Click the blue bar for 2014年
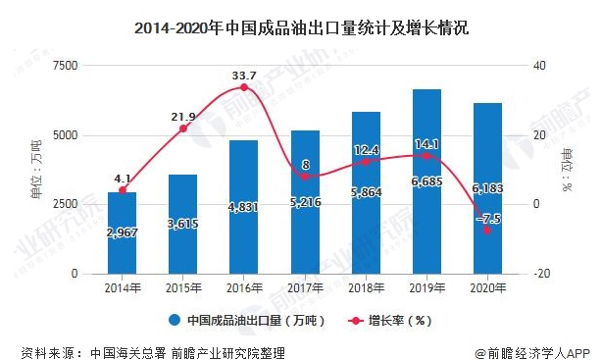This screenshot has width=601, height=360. click(x=122, y=233)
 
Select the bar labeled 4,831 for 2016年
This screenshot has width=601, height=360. click(x=244, y=207)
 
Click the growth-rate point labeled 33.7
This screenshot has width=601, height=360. click(x=244, y=87)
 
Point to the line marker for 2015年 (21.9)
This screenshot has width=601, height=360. click(x=183, y=129)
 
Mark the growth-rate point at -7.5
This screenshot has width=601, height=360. click(x=487, y=230)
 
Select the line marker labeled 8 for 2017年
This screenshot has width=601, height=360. click(x=305, y=176)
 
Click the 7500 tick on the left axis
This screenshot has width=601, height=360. click(x=64, y=65)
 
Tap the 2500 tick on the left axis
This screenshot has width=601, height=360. click(x=64, y=204)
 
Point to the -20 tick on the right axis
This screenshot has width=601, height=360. click(x=537, y=274)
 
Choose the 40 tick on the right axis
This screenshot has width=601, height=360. click(x=537, y=65)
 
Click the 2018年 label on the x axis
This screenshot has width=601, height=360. click(x=367, y=287)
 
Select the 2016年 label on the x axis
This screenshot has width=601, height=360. click(x=244, y=287)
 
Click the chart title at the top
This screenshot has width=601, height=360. click(x=301, y=28)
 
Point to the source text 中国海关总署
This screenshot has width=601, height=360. click(x=125, y=350)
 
